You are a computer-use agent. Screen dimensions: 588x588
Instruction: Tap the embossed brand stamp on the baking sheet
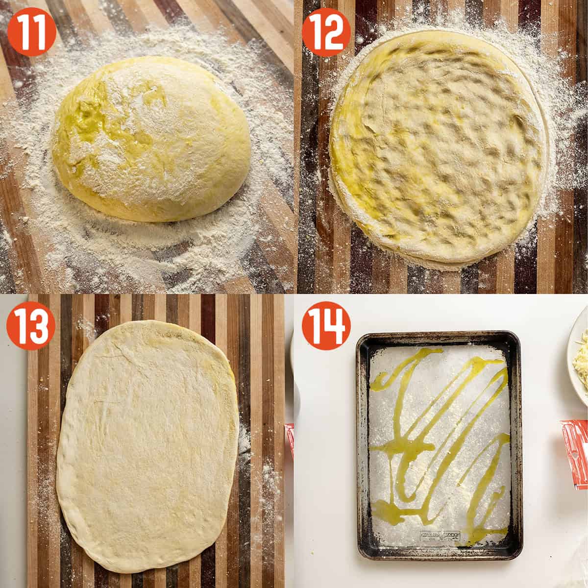[439, 534]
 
